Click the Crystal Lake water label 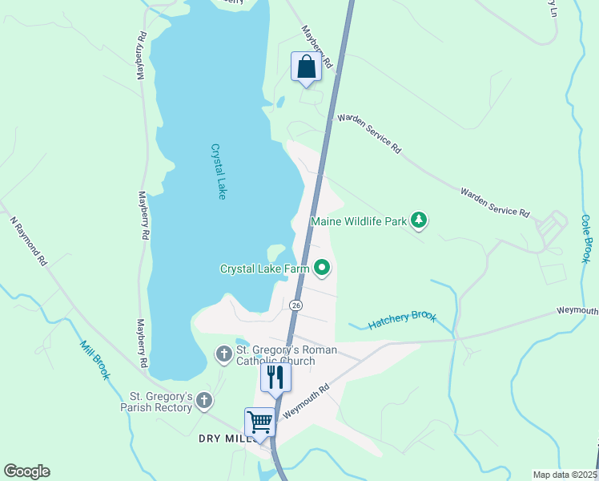pos(219,171)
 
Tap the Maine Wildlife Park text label pos(359,221)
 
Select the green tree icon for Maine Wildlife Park pos(418,220)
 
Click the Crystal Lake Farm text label pos(264,269)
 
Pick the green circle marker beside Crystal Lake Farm pos(322,268)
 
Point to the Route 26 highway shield pos(296,305)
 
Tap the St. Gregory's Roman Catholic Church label pos(286,355)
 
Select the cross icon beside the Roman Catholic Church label pos(223,353)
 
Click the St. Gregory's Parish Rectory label pos(161,402)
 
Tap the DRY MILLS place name pos(226,439)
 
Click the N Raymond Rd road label pos(29,240)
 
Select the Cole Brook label pos(586,238)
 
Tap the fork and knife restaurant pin pos(275,378)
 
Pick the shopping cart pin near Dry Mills pos(259,422)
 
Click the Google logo pos(26,471)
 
